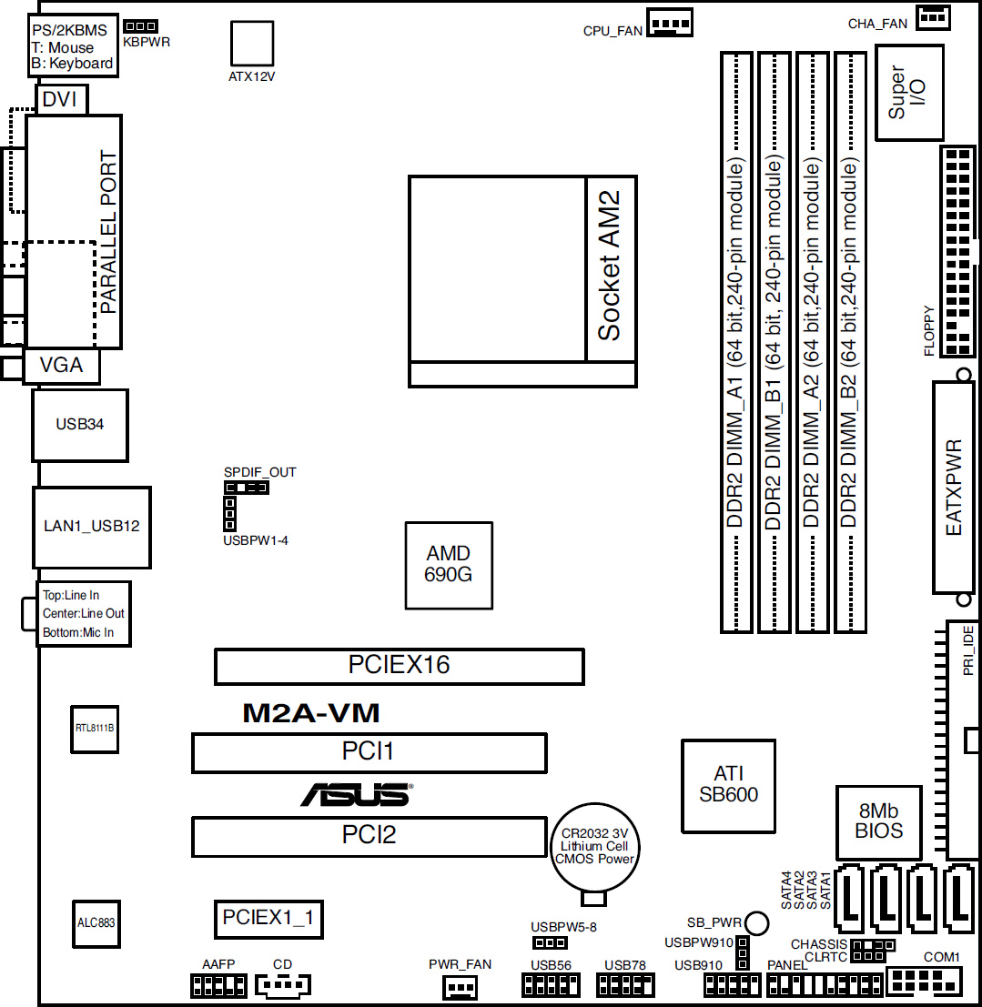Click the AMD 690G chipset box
coord(449,565)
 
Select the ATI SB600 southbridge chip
coord(728,785)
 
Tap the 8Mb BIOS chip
coord(878,822)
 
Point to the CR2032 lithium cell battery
coord(594,847)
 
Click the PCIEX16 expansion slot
coord(400,666)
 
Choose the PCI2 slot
coord(369,836)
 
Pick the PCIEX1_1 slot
coord(268,919)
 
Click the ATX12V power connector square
coord(252,43)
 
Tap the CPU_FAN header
coord(669,23)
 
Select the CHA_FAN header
coord(933,16)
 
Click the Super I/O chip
coord(908,93)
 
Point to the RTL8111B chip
coord(95,729)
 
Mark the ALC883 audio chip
coord(96,923)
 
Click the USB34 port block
coord(80,425)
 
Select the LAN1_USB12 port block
coord(92,528)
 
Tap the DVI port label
coord(60,99)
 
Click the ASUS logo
coord(357,794)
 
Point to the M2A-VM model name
coord(311,713)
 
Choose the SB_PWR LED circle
coord(756,923)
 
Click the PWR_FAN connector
coord(461,986)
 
